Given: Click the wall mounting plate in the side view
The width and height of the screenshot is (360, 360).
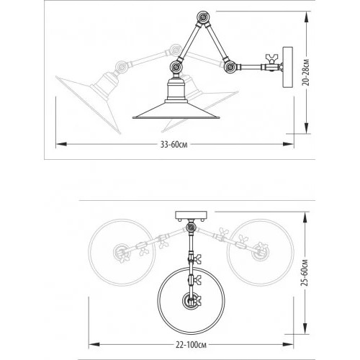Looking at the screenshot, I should point(289,68).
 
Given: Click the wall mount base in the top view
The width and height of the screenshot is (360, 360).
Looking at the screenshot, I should point(192,214).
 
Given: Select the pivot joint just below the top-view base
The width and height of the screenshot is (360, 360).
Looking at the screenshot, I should point(192,228).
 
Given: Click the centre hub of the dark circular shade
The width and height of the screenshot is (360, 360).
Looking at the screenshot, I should point(192,302).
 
